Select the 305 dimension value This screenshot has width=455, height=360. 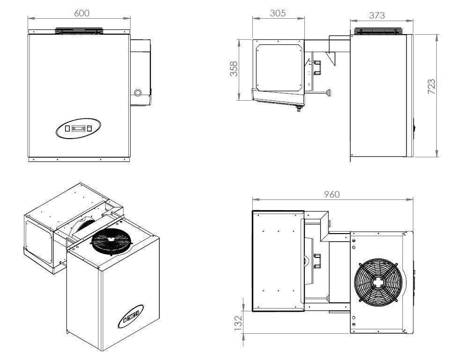pyautogui.click(x=278, y=13)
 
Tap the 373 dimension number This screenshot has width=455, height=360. pyautogui.click(x=377, y=15)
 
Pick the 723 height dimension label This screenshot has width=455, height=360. pyautogui.click(x=432, y=87)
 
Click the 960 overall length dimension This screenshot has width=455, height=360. pyautogui.click(x=331, y=194)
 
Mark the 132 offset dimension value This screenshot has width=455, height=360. pyautogui.click(x=237, y=322)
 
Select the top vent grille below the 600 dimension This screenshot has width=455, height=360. pyautogui.click(x=79, y=31)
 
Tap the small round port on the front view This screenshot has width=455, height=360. pyautogui.click(x=138, y=93)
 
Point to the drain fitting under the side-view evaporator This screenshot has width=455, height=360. pyautogui.click(x=296, y=109)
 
